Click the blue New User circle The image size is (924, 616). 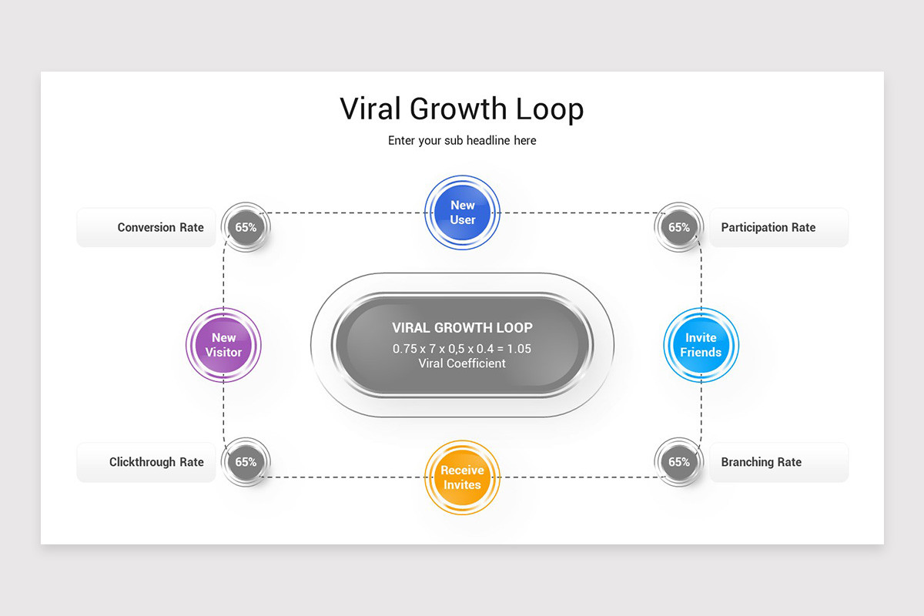point(463,213)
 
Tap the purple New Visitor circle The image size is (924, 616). point(223,345)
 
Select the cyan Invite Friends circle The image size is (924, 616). point(701,345)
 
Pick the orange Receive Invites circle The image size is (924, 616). point(463,477)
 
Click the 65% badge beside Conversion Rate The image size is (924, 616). point(246,227)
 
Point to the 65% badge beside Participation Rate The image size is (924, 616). point(679,227)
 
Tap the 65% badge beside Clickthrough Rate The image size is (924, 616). point(246,462)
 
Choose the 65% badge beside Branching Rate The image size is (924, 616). point(679,462)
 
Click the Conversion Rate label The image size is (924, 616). point(160,227)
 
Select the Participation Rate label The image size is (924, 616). point(768,227)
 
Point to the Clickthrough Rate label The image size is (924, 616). point(156,462)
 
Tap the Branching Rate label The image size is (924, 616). point(761,462)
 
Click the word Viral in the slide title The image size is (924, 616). point(370,109)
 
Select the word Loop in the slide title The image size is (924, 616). point(550,109)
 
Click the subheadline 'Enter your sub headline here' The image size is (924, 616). point(462,141)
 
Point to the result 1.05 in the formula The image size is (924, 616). point(519,349)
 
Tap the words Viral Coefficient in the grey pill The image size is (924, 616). point(462,363)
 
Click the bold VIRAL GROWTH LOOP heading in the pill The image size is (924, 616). point(463,327)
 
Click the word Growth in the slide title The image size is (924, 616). point(458,109)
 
